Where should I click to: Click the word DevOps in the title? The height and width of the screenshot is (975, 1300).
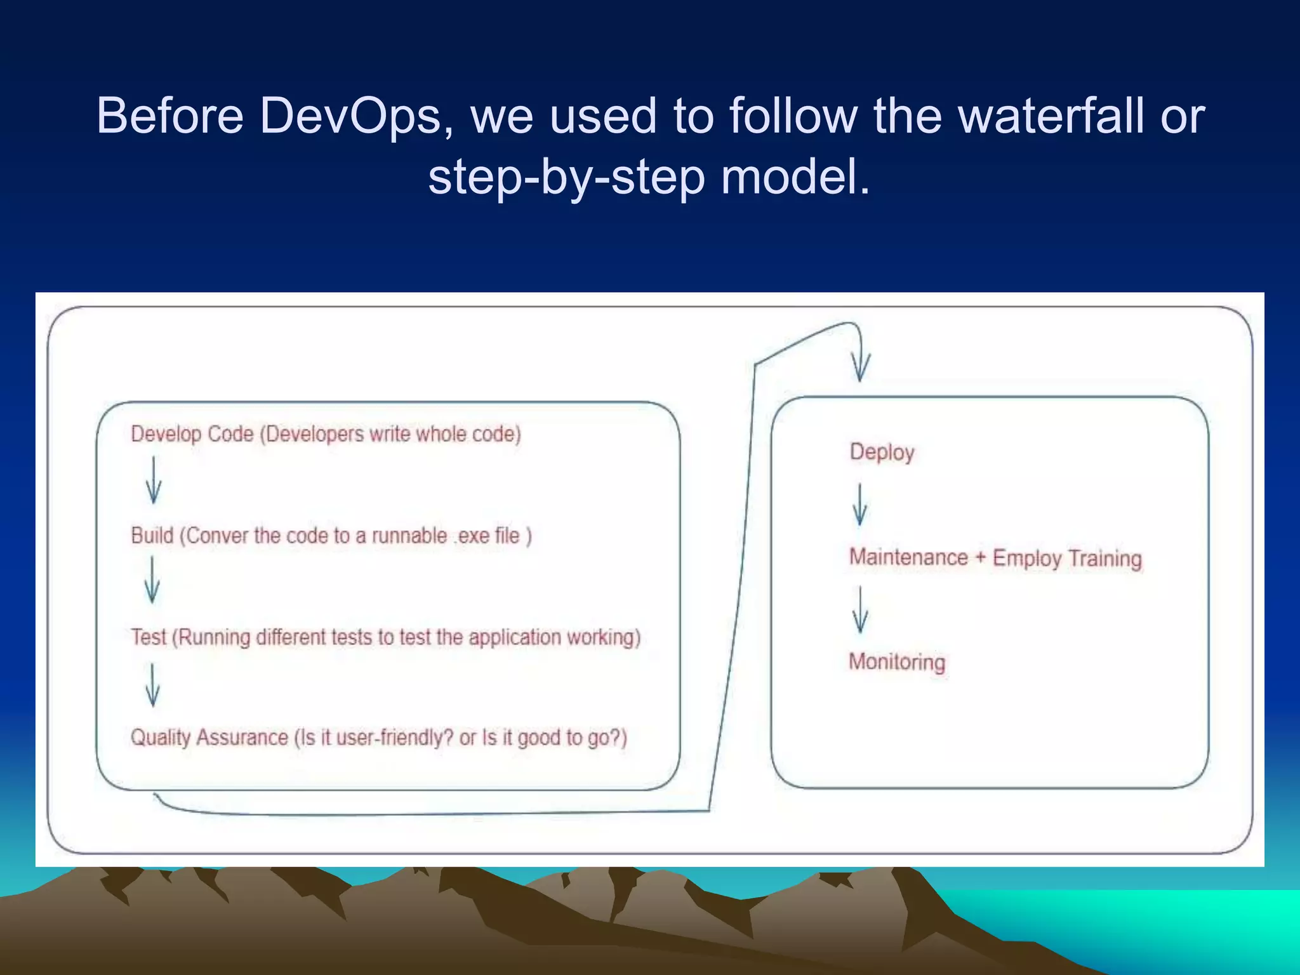coord(350,116)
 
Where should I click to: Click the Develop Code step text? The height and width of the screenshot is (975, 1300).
coord(326,434)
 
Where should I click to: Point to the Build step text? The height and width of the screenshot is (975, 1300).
coord(331,536)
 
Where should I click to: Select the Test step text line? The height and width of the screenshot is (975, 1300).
coord(385,637)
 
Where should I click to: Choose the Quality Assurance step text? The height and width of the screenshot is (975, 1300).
coord(378,738)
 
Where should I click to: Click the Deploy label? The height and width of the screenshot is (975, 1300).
coord(882,452)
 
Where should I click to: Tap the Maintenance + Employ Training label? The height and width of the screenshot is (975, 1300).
coord(995,558)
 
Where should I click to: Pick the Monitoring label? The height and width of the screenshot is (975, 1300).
coord(897,662)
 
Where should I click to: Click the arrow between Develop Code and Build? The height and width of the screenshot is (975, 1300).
coord(154,481)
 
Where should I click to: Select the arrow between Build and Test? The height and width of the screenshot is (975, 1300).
coord(152,580)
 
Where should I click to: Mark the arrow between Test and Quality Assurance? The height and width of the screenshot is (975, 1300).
coord(152,685)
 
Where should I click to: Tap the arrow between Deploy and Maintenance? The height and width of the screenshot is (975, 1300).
coord(860,505)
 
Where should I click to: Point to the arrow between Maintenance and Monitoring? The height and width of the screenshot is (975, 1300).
coord(860,610)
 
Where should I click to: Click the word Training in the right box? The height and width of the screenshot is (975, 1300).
coord(1104,559)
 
